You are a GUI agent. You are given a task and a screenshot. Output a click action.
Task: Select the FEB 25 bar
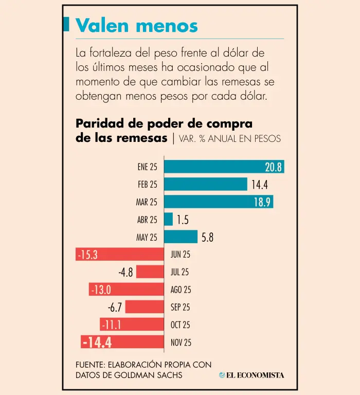206,184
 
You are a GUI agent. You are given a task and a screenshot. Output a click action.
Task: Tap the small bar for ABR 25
169,219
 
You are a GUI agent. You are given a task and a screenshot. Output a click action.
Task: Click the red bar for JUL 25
150,272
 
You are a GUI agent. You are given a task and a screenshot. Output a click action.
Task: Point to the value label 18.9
262,202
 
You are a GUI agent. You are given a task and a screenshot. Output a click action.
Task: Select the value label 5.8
207,237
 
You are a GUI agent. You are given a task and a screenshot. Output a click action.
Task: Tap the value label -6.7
114,308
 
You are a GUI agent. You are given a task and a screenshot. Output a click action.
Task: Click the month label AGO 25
181,290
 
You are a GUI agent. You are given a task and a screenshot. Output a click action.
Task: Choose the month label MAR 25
147,202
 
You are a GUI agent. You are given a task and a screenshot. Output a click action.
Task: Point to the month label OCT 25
180,325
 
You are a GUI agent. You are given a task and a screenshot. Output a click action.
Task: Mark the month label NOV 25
181,343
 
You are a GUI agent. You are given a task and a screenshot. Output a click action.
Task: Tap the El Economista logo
251,375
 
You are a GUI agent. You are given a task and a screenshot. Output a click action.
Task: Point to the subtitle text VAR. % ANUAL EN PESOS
230,139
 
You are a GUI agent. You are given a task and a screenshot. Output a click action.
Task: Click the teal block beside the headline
66,24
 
